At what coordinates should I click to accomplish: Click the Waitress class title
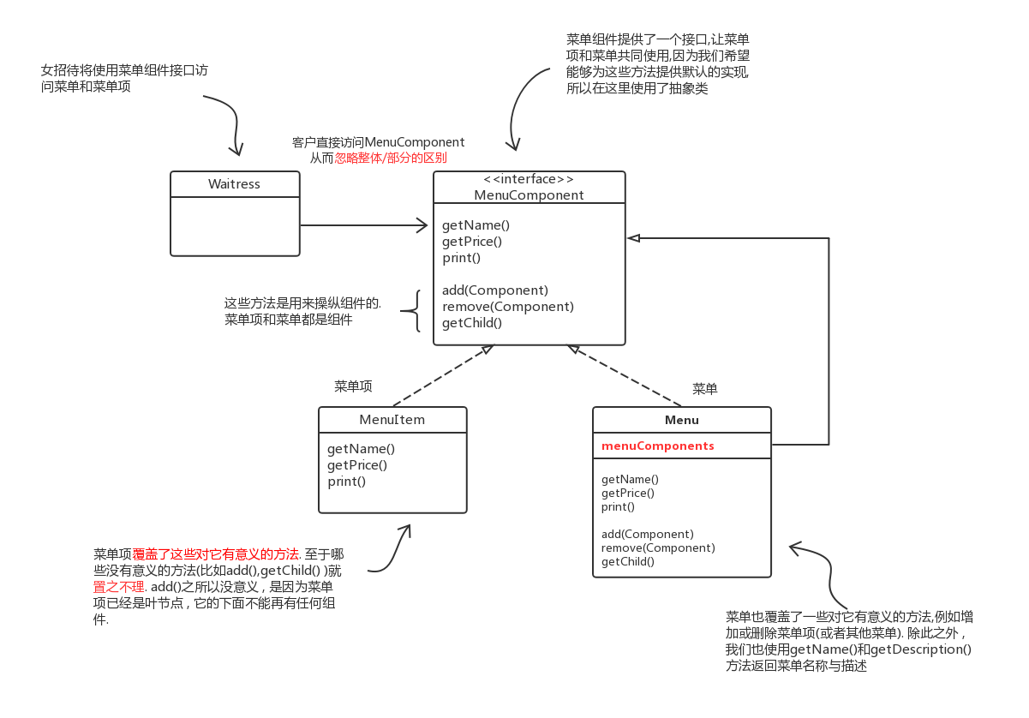234,184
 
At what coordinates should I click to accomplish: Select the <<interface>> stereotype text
529,179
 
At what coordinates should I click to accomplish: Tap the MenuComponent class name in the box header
529,195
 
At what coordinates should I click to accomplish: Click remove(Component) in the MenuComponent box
508,307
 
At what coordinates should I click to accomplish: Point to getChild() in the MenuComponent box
472,323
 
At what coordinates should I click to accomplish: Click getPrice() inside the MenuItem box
357,465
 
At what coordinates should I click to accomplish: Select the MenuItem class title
392,420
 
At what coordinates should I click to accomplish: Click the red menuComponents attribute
658,446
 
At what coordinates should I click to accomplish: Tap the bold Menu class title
682,420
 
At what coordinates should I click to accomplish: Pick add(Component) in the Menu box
648,534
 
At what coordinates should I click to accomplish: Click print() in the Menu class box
618,506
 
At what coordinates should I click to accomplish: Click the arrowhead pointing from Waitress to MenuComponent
422,225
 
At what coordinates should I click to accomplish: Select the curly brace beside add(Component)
416,310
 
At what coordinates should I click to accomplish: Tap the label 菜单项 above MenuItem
353,386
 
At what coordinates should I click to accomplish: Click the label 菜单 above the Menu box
704,389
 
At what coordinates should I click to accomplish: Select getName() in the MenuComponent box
476,225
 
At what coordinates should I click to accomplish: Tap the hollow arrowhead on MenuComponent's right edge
633,237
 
